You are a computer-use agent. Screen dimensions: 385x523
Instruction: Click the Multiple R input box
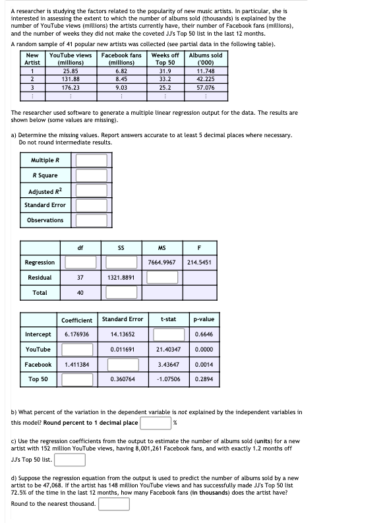point(92,160)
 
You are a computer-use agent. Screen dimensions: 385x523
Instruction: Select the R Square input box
point(92,175)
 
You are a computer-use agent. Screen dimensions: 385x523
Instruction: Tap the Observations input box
point(92,220)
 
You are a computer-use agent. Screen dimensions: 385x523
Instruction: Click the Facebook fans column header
point(121,59)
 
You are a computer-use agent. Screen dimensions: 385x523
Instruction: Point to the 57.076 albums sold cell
point(206,86)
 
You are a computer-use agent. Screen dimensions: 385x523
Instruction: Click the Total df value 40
point(80,292)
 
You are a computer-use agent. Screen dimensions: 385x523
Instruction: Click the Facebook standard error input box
point(122,365)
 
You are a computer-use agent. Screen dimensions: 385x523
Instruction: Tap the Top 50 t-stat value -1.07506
point(168,380)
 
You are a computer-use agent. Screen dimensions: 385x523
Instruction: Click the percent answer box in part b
point(156,423)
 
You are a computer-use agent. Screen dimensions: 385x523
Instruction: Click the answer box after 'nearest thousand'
point(113,505)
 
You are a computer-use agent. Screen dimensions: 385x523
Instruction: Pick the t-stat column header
point(168,319)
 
